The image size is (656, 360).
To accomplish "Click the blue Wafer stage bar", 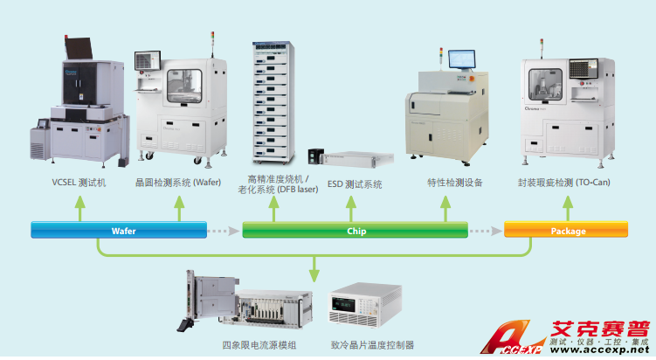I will click(x=119, y=231).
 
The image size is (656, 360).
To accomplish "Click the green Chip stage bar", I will click(x=355, y=231).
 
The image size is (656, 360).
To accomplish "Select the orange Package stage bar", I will click(x=568, y=231).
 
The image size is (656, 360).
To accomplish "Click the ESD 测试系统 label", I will click(x=355, y=183).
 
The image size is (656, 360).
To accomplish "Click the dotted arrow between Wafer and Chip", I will click(x=224, y=231).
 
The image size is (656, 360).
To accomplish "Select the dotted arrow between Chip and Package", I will click(x=486, y=231).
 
